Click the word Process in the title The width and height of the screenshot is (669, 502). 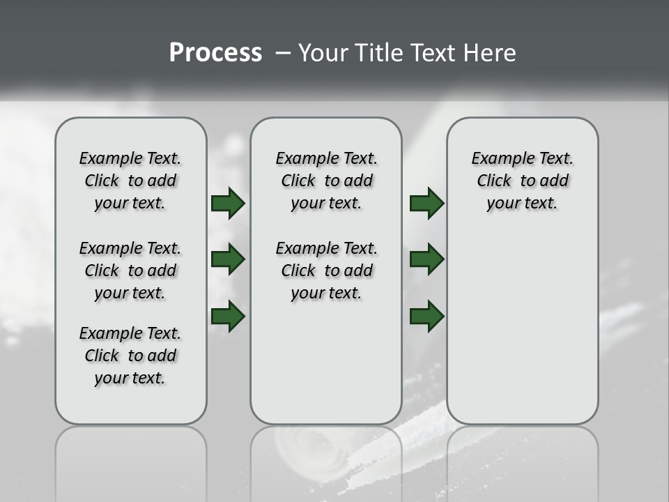[215, 53]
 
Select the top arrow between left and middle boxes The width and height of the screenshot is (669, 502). [228, 203]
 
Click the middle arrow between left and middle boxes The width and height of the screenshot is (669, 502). [228, 259]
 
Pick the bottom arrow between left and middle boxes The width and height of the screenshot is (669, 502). [228, 316]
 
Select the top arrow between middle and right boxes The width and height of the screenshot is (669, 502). [426, 203]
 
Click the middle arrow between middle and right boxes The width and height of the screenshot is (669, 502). [426, 259]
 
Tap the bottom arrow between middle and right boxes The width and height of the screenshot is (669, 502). [426, 316]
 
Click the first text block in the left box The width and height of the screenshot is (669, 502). [130, 181]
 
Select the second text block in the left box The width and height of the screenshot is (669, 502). [130, 271]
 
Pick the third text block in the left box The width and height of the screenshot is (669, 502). [130, 356]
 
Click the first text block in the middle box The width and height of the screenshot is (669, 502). [326, 181]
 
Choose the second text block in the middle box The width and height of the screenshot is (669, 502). [326, 271]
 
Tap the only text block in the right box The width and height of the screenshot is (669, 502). [522, 181]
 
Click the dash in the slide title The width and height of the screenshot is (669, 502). [282, 53]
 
